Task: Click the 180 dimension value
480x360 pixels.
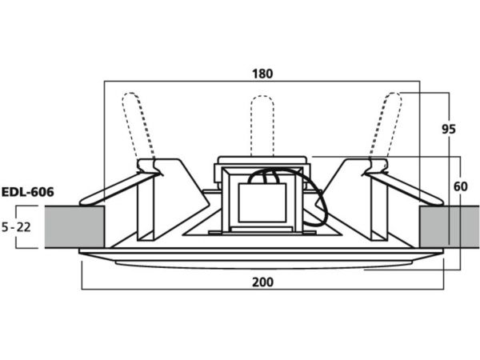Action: click(x=262, y=74)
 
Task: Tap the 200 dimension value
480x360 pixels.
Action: click(x=262, y=282)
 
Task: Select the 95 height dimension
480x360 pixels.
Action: click(x=449, y=129)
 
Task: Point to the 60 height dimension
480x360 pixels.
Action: click(x=461, y=186)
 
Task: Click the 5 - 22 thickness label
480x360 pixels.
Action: click(x=16, y=227)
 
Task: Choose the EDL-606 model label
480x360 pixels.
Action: click(x=27, y=192)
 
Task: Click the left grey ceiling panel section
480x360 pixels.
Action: click(x=74, y=227)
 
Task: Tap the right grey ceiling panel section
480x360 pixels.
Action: click(x=450, y=227)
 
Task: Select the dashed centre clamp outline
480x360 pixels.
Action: click(x=262, y=126)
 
